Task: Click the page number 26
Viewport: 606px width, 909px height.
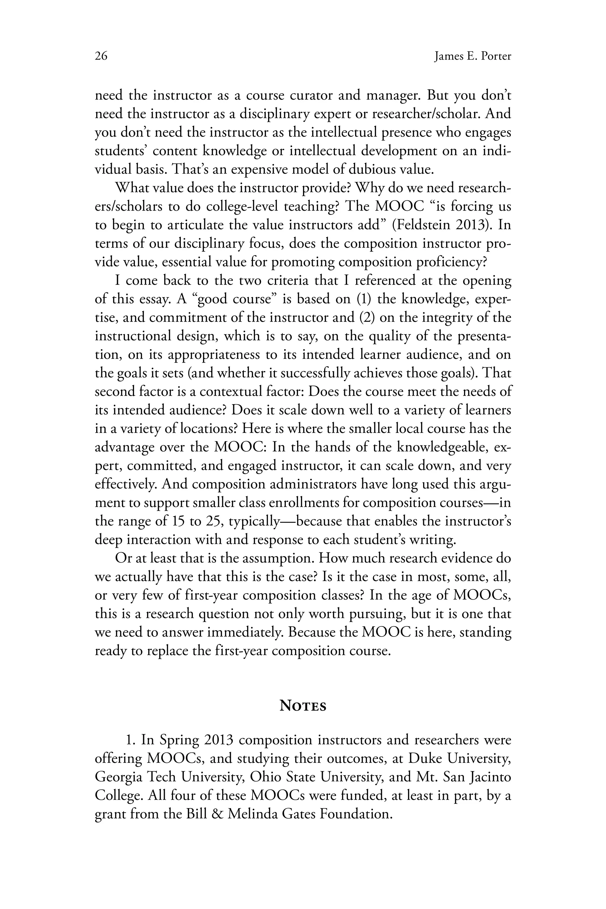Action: [101, 57]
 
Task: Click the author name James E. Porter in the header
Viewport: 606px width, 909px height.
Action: [472, 57]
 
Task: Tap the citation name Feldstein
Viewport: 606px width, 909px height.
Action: [420, 225]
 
